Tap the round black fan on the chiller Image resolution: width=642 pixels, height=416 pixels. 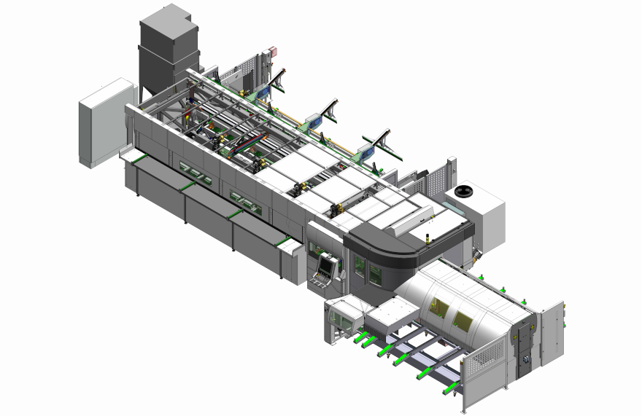[x=464, y=192]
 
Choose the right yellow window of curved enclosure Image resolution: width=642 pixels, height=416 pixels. [x=462, y=321]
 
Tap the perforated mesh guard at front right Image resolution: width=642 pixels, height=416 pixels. [x=482, y=372]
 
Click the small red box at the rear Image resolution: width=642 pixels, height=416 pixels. [x=274, y=51]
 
